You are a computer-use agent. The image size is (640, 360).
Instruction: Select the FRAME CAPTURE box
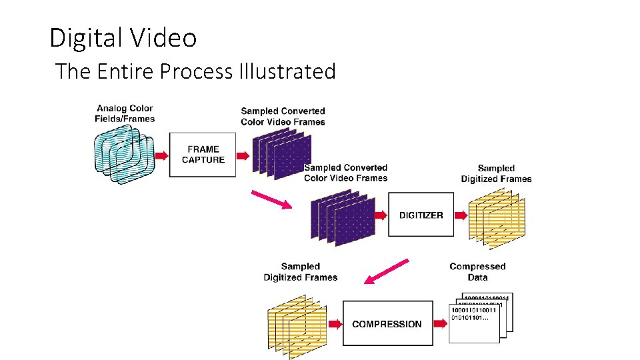[x=203, y=155]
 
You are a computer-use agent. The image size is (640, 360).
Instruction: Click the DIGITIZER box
[x=421, y=215]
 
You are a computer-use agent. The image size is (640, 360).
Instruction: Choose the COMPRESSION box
[x=387, y=324]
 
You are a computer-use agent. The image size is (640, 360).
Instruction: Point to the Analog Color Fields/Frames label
[x=125, y=113]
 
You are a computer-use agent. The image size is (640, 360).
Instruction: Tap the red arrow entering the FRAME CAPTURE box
[x=161, y=155]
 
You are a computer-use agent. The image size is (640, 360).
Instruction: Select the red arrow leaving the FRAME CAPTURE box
[x=243, y=155]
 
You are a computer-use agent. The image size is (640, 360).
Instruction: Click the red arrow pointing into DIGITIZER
[x=380, y=215]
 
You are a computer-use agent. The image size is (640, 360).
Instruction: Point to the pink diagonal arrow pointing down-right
[x=271, y=199]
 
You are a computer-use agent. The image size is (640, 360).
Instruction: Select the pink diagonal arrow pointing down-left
[x=387, y=271]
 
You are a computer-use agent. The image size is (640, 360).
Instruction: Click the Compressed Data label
[x=477, y=272]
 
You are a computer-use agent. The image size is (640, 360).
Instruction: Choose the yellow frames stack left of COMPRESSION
[x=297, y=324]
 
